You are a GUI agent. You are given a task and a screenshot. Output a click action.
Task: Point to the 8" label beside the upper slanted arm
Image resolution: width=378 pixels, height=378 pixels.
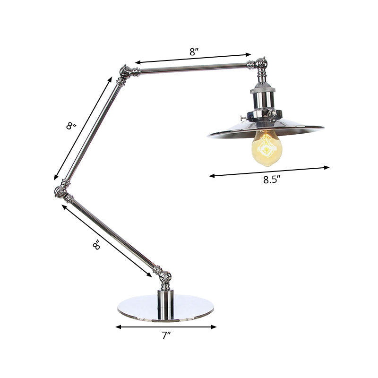click(71, 126)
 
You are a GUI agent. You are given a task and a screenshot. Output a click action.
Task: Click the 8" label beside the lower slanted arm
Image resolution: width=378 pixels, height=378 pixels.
click(96, 245)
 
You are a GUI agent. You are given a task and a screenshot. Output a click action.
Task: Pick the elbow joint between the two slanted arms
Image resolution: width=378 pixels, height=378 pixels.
click(61, 191)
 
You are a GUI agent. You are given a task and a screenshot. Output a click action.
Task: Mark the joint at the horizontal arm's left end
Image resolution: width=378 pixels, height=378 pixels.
click(125, 72)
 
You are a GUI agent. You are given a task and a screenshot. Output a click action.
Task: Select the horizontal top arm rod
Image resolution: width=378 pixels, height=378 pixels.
click(194, 69)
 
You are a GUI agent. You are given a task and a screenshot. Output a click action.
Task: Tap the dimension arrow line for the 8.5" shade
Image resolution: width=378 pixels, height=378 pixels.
click(269, 171)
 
